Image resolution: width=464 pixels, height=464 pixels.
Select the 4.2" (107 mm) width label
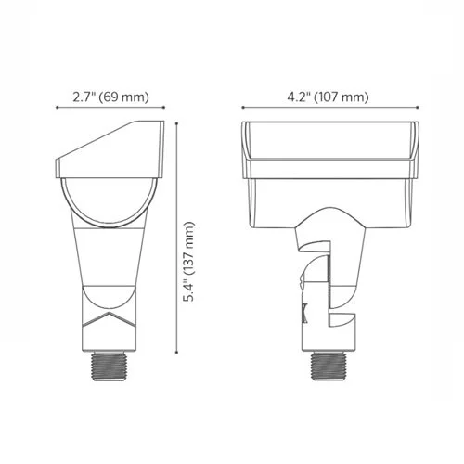[316, 96]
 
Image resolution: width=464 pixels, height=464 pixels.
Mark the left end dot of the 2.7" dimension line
[58, 108]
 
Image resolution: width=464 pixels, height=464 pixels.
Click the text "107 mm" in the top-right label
[342, 96]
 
